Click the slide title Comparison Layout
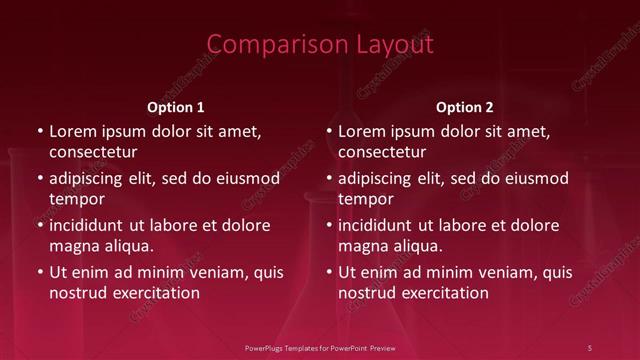[320, 45]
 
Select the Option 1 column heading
[176, 107]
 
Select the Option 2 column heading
[465, 107]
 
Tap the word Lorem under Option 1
[72, 131]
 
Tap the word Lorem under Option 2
[361, 131]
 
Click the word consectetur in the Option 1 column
[93, 152]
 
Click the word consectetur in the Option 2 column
[382, 152]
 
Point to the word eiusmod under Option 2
[535, 179]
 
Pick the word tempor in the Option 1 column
[77, 199]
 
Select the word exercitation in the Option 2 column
[442, 293]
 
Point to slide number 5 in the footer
[590, 347]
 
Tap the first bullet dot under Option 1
[40, 131]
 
